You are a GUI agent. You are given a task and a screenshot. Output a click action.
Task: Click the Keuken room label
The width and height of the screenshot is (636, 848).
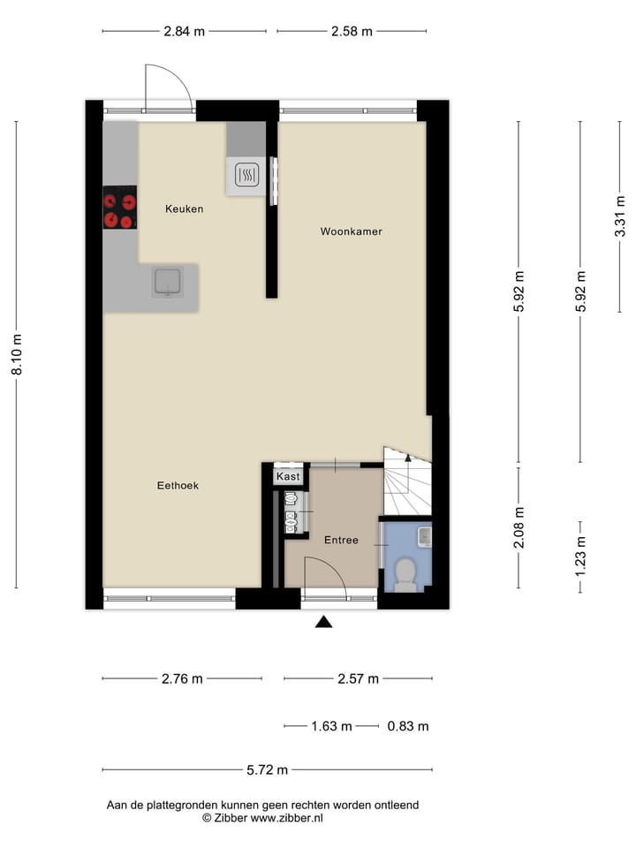pos(185,209)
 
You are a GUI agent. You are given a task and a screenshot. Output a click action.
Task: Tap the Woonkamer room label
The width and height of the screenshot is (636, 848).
pos(351,231)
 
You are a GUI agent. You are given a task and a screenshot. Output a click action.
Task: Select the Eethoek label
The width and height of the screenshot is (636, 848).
pos(178,485)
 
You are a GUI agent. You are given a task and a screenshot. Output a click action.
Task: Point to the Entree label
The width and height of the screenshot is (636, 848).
pos(341,540)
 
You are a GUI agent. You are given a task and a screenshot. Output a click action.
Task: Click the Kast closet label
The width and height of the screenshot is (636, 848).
pos(289,477)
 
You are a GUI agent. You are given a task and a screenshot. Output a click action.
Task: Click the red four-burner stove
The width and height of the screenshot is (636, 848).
pos(119,208)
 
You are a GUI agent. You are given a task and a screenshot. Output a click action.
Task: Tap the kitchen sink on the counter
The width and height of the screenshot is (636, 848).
pos(168,282)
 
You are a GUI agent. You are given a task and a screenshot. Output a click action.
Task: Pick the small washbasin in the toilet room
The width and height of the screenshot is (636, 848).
pos(424,535)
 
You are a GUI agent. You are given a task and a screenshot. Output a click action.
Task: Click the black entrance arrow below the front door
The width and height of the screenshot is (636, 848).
pos(324,622)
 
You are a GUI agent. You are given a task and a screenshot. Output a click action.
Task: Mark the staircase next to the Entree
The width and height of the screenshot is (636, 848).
pos(406,486)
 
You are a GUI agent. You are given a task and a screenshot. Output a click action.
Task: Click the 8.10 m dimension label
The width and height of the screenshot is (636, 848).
pos(16,354)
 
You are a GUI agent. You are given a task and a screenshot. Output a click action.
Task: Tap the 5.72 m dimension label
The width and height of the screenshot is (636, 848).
pos(268,770)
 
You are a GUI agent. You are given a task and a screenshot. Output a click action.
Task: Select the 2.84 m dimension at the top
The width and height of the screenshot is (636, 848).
pos(184,31)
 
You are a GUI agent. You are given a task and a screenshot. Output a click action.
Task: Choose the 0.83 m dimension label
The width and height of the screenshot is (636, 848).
pos(408,727)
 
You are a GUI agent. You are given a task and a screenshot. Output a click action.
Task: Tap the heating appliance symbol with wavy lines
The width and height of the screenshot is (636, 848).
pos(245,177)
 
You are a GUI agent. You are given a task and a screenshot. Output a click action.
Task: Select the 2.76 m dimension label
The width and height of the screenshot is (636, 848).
pos(182,679)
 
